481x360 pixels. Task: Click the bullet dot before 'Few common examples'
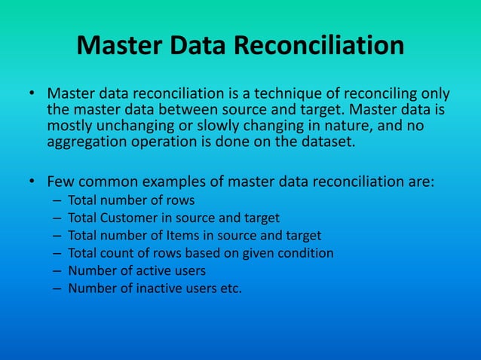(x=32, y=182)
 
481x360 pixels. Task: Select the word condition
(x=306, y=252)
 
